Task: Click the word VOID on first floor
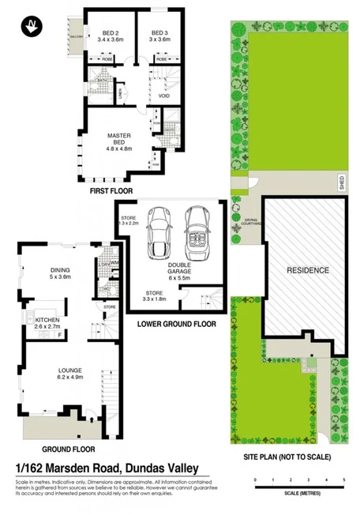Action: tap(164, 96)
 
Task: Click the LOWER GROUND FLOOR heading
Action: tap(178, 324)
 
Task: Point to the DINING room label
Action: tap(60, 273)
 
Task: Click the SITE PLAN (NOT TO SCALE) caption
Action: tap(288, 457)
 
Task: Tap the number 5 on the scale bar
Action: tap(344, 479)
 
